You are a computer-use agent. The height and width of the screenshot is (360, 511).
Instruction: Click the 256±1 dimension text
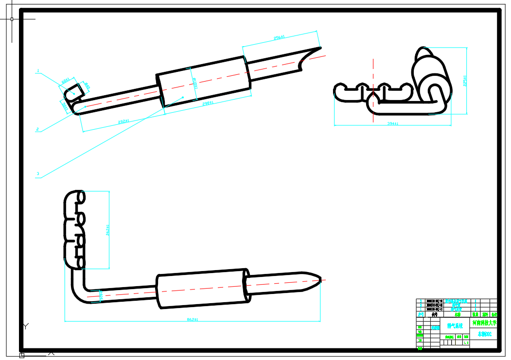coord(279,37)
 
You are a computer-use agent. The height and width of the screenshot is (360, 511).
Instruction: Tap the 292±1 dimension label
coord(123,121)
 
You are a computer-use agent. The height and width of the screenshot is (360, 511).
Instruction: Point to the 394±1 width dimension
coord(393,124)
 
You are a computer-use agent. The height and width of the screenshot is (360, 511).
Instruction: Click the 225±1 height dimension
coord(465,81)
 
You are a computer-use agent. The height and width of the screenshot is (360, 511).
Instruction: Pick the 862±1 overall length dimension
coord(193,319)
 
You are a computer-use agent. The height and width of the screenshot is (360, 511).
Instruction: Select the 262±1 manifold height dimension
coord(107,229)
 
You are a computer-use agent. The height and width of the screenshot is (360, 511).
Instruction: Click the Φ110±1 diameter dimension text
coord(194,83)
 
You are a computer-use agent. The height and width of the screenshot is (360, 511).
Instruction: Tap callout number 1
coord(37,71)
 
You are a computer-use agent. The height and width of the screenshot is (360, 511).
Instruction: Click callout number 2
coord(37,129)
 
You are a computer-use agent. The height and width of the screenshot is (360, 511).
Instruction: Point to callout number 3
coord(37,173)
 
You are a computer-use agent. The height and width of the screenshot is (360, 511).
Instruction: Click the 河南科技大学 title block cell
coord(484,323)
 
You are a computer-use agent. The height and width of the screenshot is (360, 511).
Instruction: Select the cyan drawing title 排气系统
coord(455,326)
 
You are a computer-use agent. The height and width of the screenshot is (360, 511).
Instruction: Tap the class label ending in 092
coord(484,334)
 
